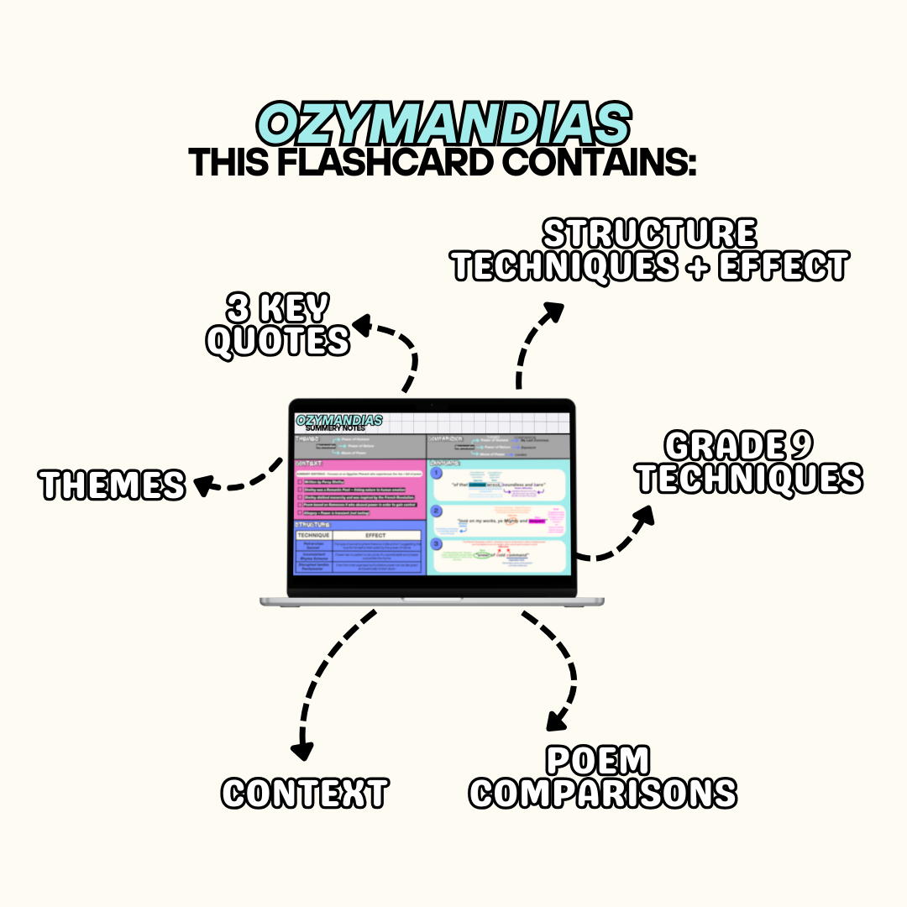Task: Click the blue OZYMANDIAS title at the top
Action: click(x=443, y=125)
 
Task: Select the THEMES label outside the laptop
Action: click(x=113, y=485)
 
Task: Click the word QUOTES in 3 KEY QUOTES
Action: click(x=278, y=342)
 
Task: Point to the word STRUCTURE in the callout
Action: click(x=649, y=233)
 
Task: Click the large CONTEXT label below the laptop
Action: click(x=305, y=793)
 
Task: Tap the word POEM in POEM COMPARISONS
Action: click(x=598, y=761)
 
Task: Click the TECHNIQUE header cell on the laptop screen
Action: click(x=314, y=535)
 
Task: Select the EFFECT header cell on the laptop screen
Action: click(x=375, y=535)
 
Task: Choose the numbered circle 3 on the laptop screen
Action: click(x=436, y=544)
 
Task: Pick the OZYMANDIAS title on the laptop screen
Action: click(x=339, y=419)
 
